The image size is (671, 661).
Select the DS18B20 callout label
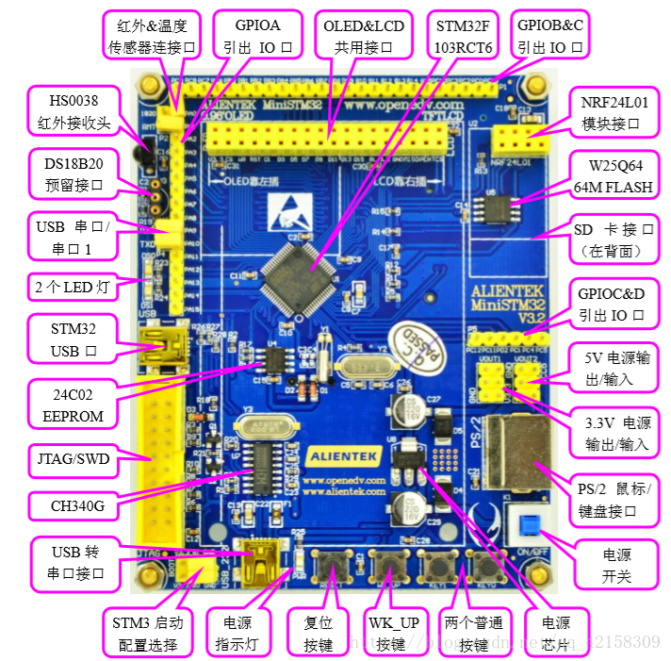click(73, 173)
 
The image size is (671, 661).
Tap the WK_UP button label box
click(392, 633)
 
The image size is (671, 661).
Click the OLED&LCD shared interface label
click(363, 35)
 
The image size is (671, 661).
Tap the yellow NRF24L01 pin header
click(525, 140)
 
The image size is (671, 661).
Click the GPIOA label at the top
click(257, 35)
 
